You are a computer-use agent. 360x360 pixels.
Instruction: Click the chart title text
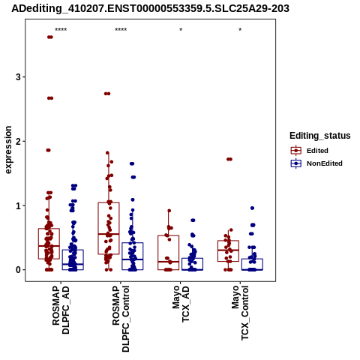coord(150,9)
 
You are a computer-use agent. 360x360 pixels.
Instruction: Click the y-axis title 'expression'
coord(8,150)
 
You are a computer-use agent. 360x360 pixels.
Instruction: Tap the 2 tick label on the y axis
coord(18,142)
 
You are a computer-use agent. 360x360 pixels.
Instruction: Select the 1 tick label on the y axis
coord(18,205)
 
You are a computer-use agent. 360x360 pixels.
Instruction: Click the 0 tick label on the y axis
coord(18,270)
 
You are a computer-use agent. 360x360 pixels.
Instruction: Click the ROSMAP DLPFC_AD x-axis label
coord(61,310)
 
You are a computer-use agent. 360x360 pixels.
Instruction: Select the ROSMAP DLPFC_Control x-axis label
coord(121,319)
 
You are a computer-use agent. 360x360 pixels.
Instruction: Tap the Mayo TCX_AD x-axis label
coord(181,304)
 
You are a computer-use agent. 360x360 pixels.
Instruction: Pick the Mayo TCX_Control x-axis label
coord(240,313)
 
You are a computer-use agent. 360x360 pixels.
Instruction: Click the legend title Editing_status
coord(320,136)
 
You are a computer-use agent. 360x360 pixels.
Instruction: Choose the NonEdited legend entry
coord(316,163)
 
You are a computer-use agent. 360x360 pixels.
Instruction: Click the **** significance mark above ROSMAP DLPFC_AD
coord(61,30)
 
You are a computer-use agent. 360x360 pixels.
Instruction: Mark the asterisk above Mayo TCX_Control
coord(240,30)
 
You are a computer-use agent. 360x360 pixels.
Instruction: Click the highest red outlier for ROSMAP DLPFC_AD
coord(50,37)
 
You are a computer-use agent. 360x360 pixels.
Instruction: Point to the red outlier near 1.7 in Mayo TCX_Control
coord(229,159)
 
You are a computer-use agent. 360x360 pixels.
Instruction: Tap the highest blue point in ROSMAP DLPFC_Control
coord(132,163)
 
